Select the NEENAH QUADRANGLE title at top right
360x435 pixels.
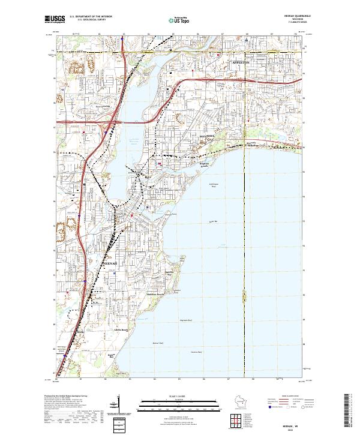(292, 16)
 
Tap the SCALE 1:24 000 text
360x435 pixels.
(179, 396)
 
